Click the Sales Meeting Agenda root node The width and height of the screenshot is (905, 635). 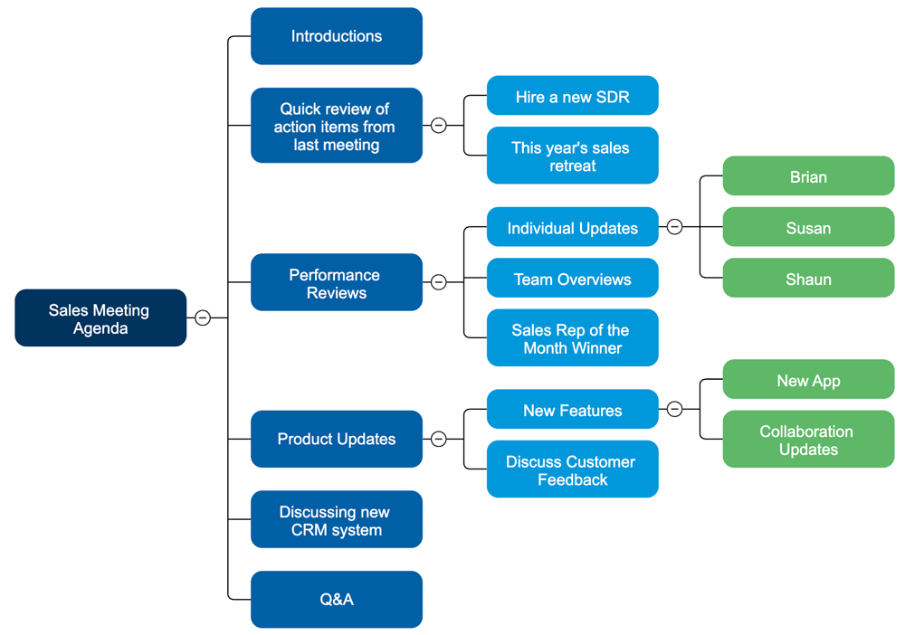coord(100,318)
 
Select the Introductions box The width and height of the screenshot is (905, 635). coord(336,36)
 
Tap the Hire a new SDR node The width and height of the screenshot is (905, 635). coord(572,96)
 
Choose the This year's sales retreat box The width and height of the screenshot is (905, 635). coord(572,156)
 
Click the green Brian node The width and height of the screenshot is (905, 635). coord(808,176)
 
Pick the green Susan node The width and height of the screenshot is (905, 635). coord(808,228)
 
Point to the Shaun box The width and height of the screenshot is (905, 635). coord(808,279)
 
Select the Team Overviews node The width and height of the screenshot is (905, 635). coord(572,279)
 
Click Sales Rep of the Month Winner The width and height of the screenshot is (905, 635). coord(572,338)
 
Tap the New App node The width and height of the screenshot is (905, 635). coord(808,380)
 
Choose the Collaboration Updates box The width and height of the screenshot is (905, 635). coord(808,440)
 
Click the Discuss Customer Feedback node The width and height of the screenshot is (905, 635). coord(572,469)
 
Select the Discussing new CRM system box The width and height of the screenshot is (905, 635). coord(336,520)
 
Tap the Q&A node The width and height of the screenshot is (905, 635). coord(336,599)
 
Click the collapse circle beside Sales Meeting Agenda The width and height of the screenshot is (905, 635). coord(203,317)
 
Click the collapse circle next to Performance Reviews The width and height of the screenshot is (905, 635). coord(438,282)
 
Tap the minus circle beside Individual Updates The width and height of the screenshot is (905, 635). coord(674,227)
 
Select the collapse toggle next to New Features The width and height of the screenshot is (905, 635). coord(674,410)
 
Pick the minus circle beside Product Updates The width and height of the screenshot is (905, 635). coord(438,439)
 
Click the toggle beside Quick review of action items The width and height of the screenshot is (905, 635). coord(438,126)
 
